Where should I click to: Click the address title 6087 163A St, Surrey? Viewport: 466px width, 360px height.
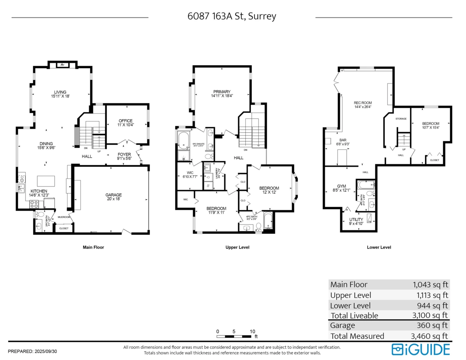232,17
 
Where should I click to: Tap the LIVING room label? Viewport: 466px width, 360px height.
60,94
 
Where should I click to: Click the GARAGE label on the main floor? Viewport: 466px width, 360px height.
113,197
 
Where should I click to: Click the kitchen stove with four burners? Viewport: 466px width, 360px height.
33,204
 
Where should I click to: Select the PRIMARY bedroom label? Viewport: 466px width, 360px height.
222,94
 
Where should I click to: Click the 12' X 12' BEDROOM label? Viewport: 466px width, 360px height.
269,190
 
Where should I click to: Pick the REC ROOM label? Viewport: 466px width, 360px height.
363,104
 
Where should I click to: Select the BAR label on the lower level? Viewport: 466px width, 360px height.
343,142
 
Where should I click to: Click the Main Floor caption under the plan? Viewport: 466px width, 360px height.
93,247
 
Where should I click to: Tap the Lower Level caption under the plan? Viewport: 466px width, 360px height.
379,247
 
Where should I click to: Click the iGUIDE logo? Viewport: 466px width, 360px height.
421,349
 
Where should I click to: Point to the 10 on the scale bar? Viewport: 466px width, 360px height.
252,331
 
